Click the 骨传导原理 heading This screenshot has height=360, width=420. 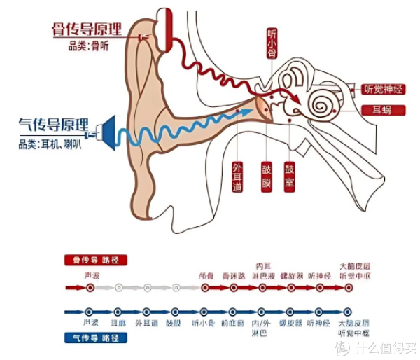pyautogui.click(x=87, y=31)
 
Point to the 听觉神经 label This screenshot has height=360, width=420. pyautogui.click(x=384, y=90)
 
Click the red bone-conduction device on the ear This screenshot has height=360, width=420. pyautogui.click(x=165, y=28)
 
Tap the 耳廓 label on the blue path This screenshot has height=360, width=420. pyautogui.click(x=118, y=323)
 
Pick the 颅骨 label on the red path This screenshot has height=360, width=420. pyautogui.click(x=204, y=275)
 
